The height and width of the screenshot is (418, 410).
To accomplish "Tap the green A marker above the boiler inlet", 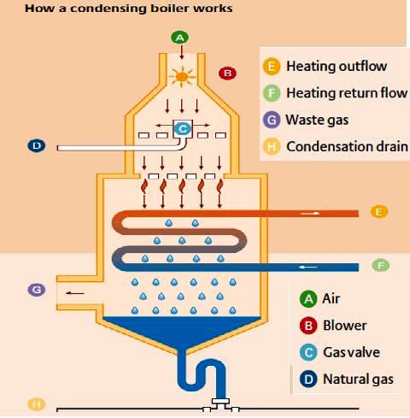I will [x=179, y=38].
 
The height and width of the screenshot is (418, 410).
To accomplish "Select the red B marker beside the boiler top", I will [x=227, y=73].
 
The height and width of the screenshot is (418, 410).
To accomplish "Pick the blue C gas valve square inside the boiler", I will [x=181, y=129].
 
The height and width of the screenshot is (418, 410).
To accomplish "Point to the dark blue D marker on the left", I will [x=36, y=146].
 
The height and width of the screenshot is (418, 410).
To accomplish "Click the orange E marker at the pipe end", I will [x=380, y=210].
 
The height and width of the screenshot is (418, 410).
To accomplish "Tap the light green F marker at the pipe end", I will [x=380, y=265].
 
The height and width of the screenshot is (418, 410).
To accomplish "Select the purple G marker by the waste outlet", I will [x=36, y=291].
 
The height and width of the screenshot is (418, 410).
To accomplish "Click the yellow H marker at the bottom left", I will [x=36, y=403].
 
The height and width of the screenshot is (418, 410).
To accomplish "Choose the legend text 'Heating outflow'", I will [x=337, y=66].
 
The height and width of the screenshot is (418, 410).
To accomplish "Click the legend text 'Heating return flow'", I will [x=347, y=92].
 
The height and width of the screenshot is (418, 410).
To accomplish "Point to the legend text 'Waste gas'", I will [x=317, y=120].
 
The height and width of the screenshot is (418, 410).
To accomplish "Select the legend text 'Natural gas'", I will [x=358, y=379].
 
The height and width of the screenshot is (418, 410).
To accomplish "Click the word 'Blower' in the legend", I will [x=344, y=325].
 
